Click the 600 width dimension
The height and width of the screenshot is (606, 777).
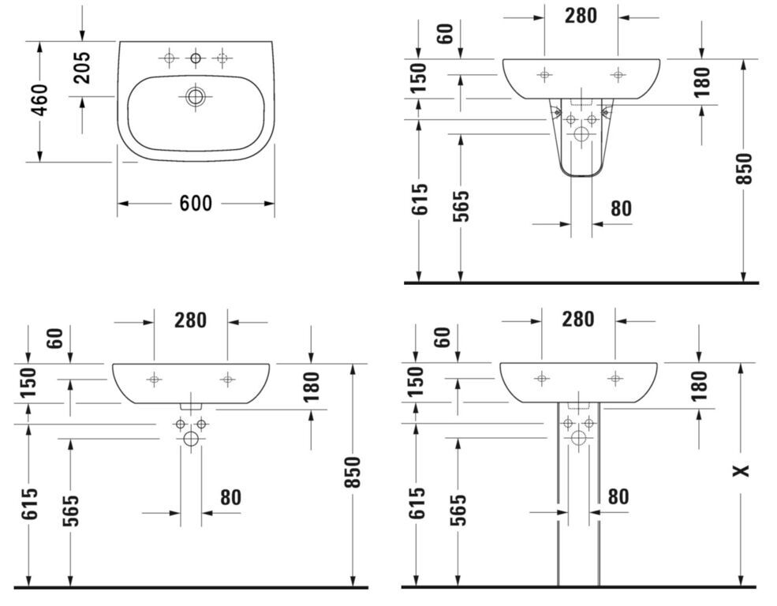[x=196, y=203]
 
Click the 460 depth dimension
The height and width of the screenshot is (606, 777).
[x=39, y=100]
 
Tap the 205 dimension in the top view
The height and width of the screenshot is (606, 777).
[x=82, y=67]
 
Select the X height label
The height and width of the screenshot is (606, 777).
[x=742, y=470]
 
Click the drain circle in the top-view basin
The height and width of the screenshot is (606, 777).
[x=196, y=96]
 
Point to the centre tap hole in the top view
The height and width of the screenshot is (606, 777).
[x=196, y=58]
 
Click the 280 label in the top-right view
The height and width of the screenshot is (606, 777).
[x=581, y=16]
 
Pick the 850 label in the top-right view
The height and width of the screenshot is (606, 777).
[x=743, y=170]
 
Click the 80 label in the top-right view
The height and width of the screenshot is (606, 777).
[x=621, y=208]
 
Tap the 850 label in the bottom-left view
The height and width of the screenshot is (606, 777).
[x=352, y=472]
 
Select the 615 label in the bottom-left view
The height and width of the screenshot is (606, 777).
[x=30, y=504]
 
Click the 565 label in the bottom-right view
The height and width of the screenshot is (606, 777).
[x=459, y=510]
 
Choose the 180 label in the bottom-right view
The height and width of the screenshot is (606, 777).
[x=699, y=386]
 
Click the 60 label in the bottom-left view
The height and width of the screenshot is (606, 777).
[x=55, y=339]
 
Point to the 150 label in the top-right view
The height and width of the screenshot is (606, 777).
[x=419, y=78]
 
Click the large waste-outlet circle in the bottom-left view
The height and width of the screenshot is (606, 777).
[x=191, y=439]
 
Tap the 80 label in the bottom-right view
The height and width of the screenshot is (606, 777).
[x=618, y=496]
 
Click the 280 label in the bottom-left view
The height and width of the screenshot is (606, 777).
[x=190, y=320]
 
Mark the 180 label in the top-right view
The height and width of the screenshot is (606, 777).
[x=702, y=82]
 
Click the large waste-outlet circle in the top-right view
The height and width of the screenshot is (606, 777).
[x=581, y=134]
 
